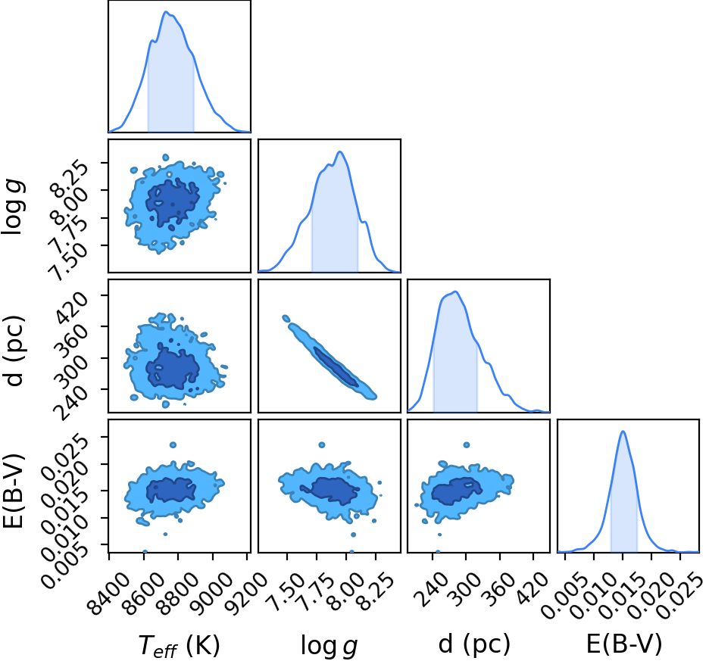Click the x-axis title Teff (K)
point(179,645)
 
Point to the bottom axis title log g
point(330,645)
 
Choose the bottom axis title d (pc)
point(474,644)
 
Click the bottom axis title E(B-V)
point(624,644)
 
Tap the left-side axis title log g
point(13,206)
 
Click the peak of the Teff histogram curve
point(167,12)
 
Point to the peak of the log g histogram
point(340,151)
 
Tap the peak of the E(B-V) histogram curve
point(623,431)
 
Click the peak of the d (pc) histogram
point(456,292)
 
